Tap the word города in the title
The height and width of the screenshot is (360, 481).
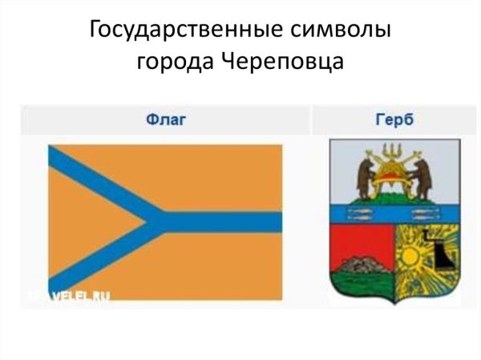pos(171,61)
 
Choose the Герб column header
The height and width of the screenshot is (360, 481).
pos(393,121)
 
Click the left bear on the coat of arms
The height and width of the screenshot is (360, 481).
pos(364,177)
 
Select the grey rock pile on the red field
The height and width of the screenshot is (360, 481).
pos(364,262)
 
